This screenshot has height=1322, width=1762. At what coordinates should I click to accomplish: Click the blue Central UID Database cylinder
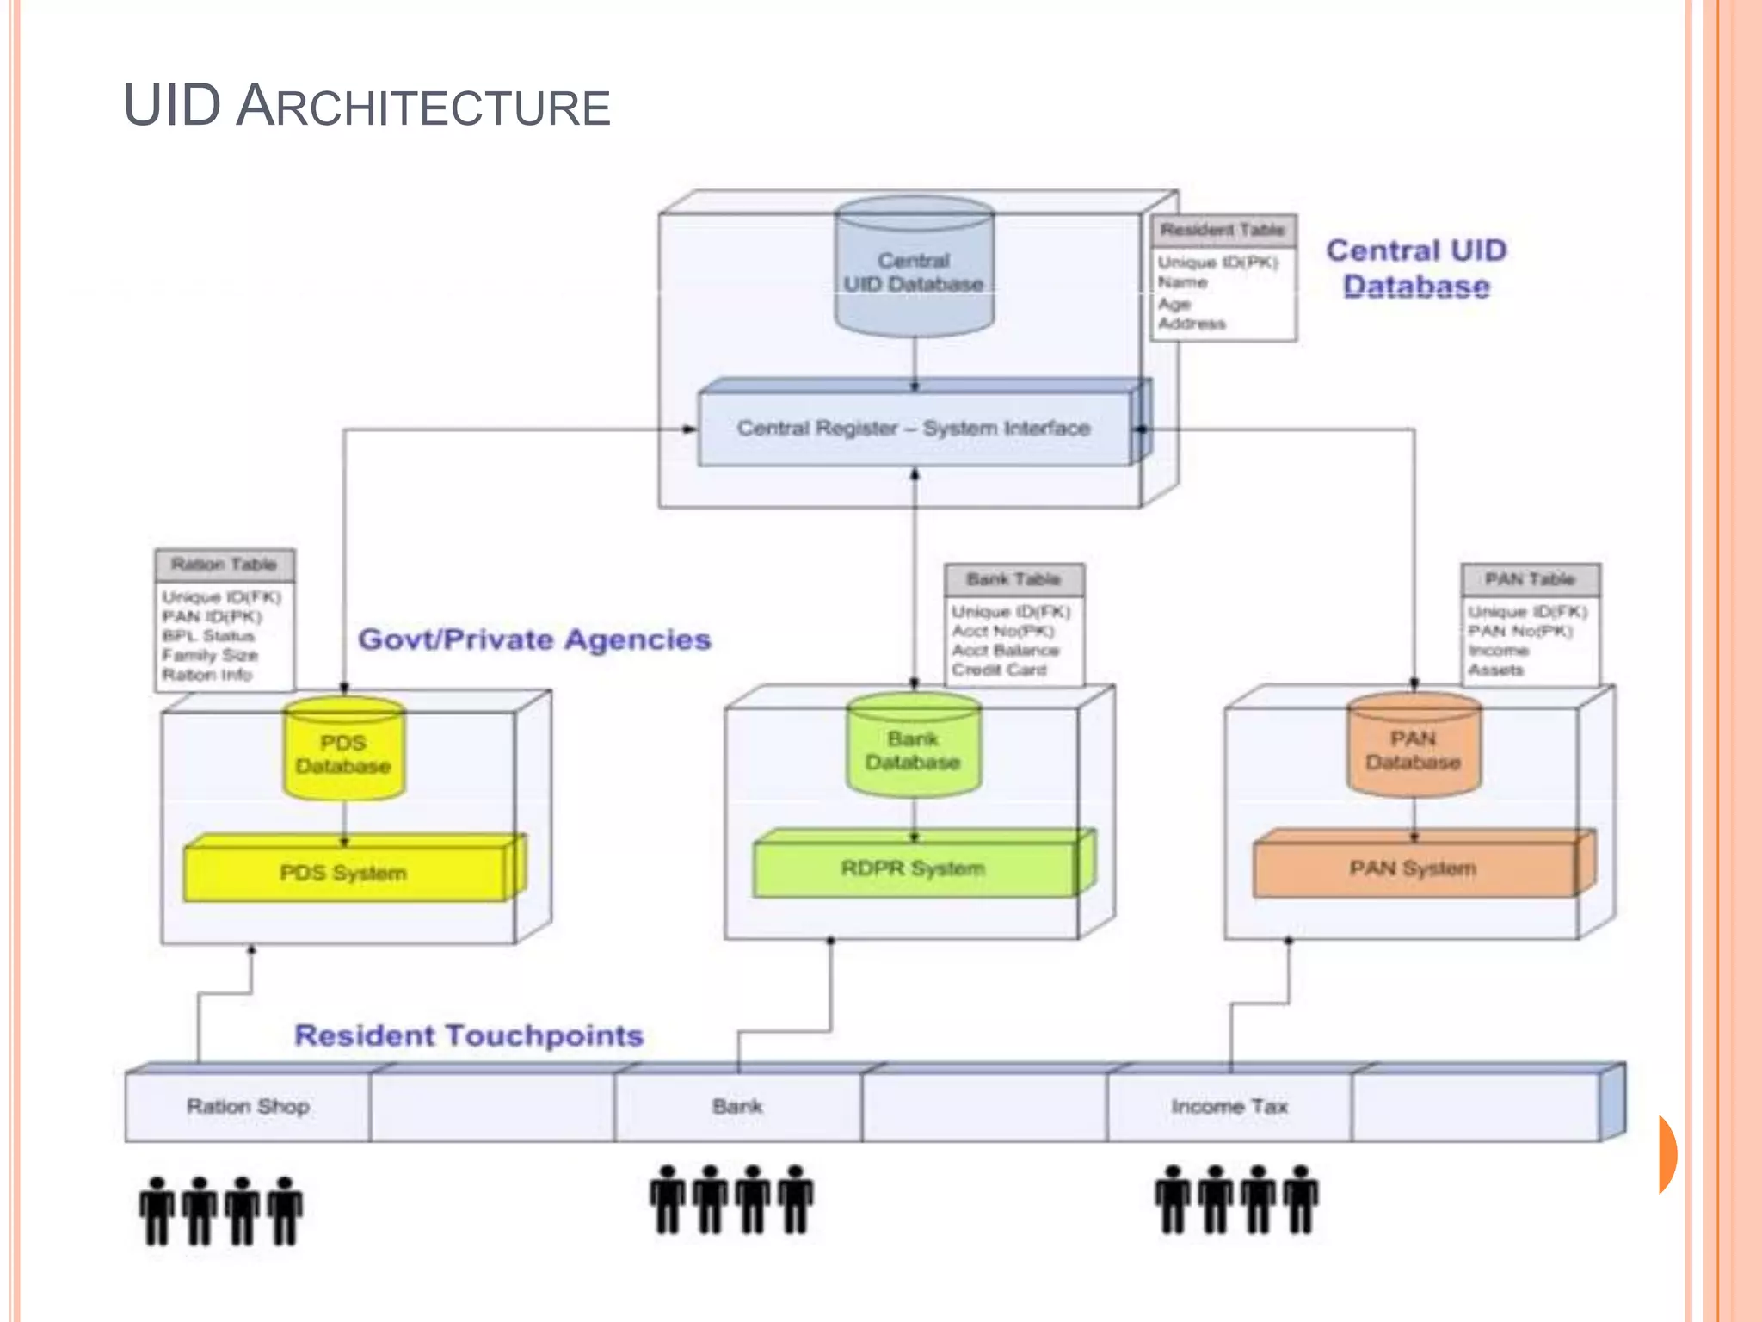click(914, 271)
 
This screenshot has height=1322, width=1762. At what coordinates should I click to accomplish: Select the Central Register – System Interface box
click(914, 429)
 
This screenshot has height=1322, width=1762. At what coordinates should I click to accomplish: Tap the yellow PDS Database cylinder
click(343, 753)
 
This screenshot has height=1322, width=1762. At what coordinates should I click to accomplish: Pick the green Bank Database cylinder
click(913, 750)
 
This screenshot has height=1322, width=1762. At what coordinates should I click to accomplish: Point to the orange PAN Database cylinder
click(1414, 750)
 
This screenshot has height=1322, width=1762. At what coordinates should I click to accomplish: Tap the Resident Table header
click(1223, 230)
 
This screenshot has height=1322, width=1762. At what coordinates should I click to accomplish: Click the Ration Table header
click(224, 565)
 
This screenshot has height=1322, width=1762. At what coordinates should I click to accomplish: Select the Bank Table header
click(1013, 579)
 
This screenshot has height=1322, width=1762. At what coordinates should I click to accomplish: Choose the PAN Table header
click(1530, 579)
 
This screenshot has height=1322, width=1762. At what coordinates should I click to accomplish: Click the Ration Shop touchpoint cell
click(248, 1107)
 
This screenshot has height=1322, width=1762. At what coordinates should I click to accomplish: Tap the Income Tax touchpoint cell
click(1229, 1107)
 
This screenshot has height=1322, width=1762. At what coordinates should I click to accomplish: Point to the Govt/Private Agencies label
click(534, 639)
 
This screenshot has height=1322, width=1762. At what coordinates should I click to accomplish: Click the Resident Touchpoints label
click(469, 1035)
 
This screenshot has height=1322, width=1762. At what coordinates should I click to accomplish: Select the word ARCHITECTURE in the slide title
click(423, 108)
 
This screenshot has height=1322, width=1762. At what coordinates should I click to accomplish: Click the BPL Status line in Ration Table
click(208, 636)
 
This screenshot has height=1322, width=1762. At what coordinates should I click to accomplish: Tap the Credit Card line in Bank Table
click(999, 670)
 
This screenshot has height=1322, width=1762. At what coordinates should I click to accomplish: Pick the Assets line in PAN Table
click(1495, 670)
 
